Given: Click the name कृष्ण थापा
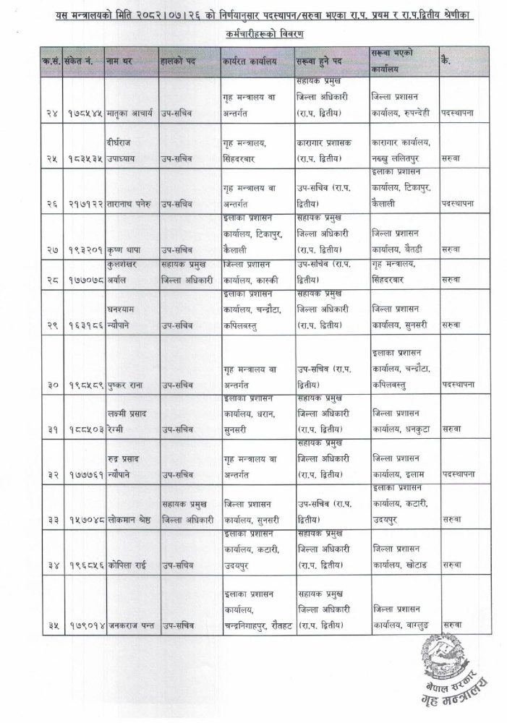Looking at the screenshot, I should (122, 247).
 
